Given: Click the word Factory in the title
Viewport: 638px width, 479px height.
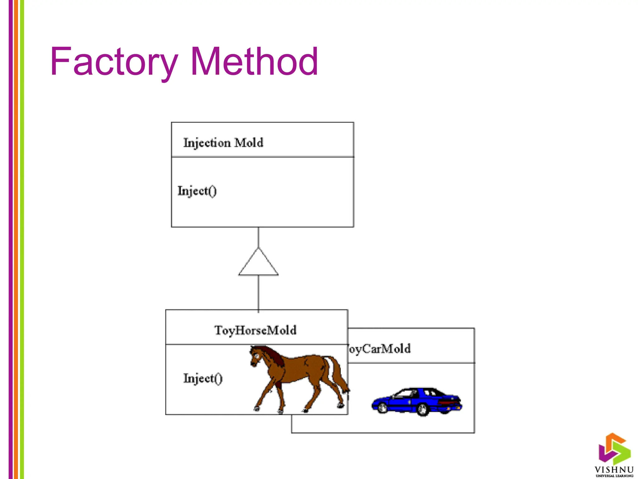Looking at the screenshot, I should (114, 61).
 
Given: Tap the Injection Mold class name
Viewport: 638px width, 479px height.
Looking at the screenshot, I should (223, 143).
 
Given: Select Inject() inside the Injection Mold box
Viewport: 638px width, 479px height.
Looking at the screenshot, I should (197, 191).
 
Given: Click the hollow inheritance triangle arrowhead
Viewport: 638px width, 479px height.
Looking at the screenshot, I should (258, 264).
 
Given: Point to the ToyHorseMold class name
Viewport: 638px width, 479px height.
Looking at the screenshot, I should (255, 330).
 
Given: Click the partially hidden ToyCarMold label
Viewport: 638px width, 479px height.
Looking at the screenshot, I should (379, 349).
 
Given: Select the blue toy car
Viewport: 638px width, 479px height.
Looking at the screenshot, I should (417, 401).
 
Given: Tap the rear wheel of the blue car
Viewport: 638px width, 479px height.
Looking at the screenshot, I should (422, 409).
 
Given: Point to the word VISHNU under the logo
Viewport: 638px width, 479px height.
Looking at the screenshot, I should (614, 470).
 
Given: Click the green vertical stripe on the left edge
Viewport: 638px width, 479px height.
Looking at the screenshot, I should (22, 239).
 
